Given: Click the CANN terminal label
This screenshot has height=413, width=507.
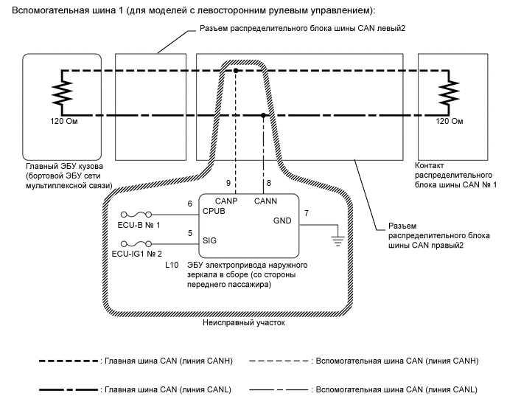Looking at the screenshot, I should coord(265,200).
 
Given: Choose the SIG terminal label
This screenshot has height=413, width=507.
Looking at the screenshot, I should coord(209,240).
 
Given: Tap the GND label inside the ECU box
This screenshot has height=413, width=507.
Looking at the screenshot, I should coord(283,221).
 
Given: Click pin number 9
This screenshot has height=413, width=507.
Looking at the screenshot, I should coord(228,182).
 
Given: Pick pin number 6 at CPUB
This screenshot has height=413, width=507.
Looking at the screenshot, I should coord(189,204).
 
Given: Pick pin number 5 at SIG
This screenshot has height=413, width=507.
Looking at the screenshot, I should coord(189,232).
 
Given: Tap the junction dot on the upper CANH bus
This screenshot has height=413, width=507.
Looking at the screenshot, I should coord(235,71).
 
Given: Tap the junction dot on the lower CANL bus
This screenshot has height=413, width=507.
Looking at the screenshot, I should coord(265,115).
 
